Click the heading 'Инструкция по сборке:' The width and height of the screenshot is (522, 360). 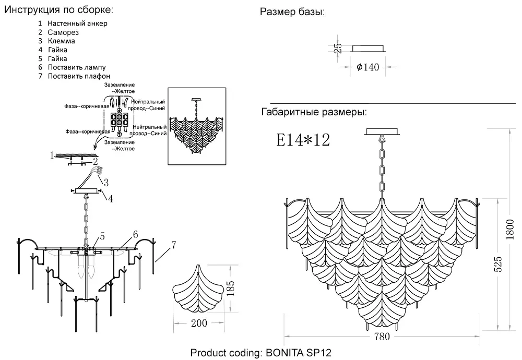[57, 10]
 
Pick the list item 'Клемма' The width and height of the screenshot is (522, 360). [61, 41]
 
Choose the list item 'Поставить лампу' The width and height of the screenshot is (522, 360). [76, 67]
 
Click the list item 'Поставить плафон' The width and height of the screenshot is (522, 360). [79, 76]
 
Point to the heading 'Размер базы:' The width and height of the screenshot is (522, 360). [292, 12]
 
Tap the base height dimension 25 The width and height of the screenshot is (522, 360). [338, 48]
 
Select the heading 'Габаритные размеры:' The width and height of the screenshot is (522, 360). [313, 112]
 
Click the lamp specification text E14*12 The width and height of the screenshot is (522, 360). [303, 140]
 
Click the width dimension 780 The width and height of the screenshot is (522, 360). [382, 337]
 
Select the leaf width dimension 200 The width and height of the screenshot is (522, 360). [199, 323]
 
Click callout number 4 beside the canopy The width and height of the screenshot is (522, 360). [111, 198]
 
